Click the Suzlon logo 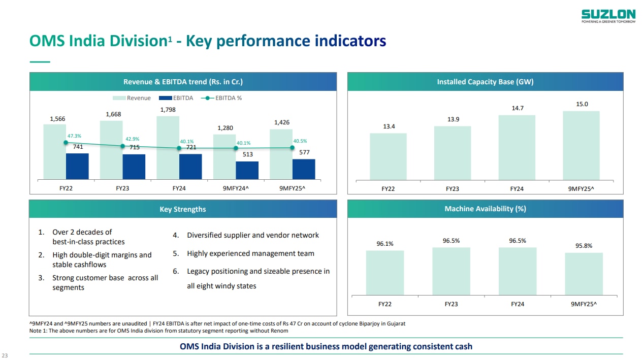click(608, 16)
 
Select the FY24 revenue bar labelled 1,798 click(168, 147)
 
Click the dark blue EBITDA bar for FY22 click(77, 166)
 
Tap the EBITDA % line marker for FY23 click(122, 146)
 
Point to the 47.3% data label click(74, 136)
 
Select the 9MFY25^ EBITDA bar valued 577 click(304, 169)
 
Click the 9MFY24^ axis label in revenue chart click(236, 188)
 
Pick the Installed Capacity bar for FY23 click(452, 152)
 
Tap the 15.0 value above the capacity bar click(582, 104)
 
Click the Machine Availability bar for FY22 click(385, 273)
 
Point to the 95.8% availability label click(584, 246)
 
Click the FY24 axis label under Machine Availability click(517, 304)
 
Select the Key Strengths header click(183, 209)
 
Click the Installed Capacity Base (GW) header click(485, 82)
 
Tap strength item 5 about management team click(250, 253)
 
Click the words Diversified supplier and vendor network click(252, 235)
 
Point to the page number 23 click(5, 355)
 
